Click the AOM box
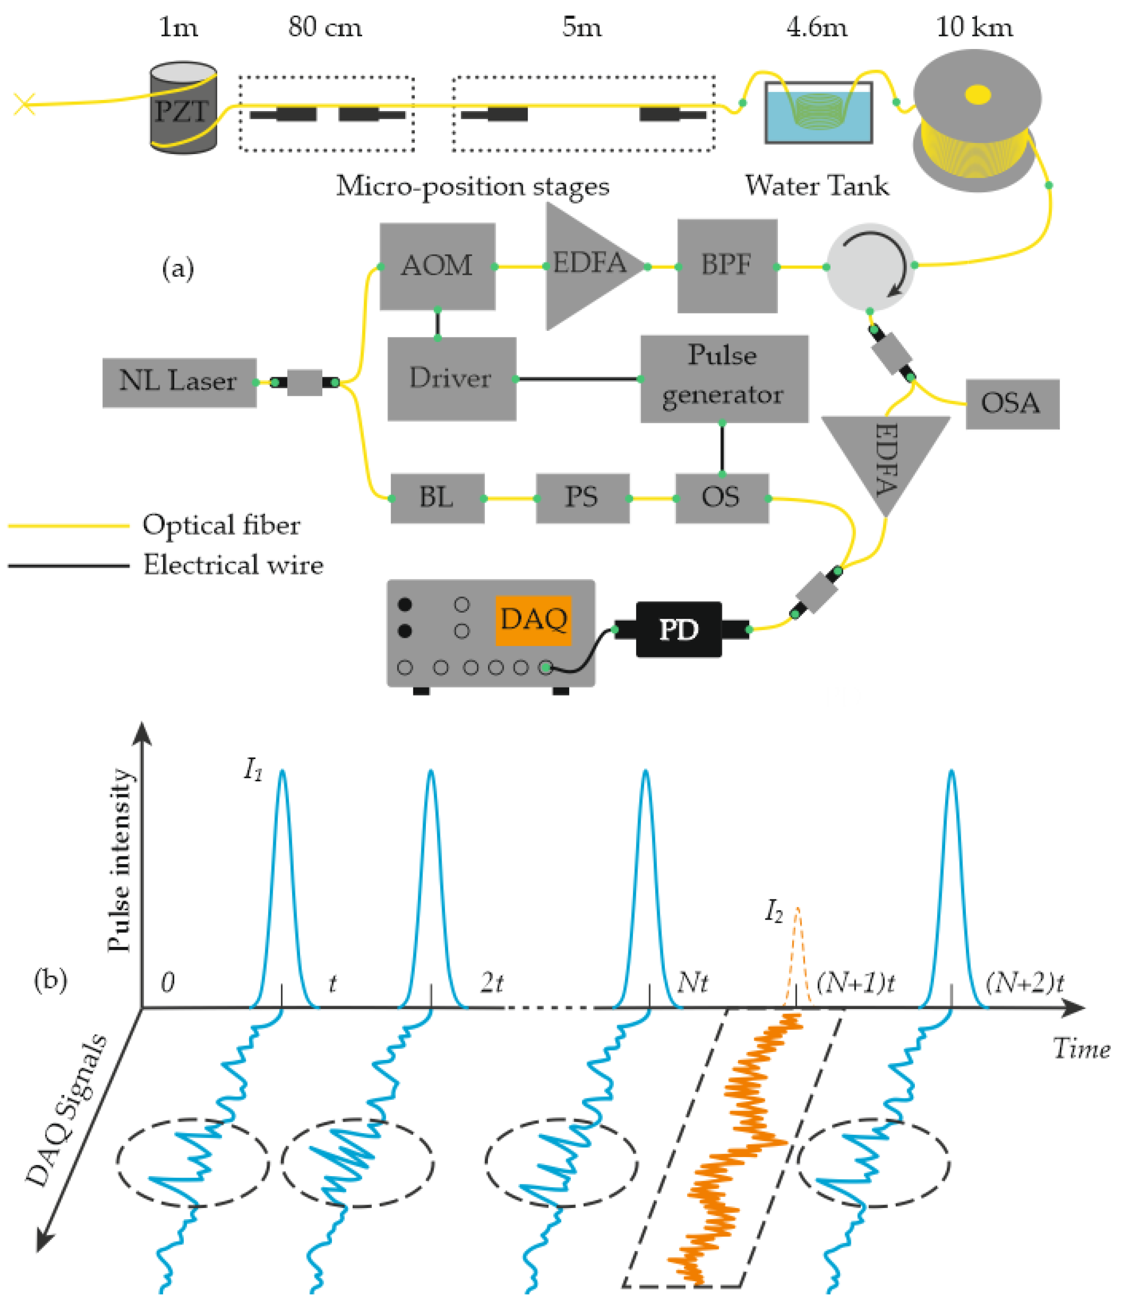[437, 266]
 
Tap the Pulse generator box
[723, 378]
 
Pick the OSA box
[1011, 404]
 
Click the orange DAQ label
[533, 620]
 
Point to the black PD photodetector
[678, 629]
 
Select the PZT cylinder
[183, 109]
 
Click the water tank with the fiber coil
[818, 114]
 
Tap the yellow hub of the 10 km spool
[977, 95]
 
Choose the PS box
[582, 498]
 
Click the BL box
[437, 498]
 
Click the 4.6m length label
[816, 28]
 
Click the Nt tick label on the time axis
[692, 982]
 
